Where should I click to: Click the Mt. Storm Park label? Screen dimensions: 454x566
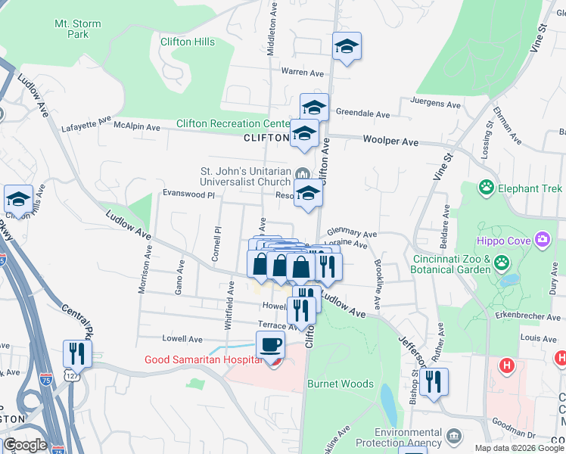click(77, 29)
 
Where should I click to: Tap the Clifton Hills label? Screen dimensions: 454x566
click(187, 42)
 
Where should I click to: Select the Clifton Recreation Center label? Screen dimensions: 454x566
click(233, 123)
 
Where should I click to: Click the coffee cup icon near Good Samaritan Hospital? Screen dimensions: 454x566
click(270, 346)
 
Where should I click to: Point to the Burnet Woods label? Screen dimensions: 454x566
click(340, 384)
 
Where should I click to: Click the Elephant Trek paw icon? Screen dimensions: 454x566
click(485, 187)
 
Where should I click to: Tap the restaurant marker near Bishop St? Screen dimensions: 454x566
click(434, 382)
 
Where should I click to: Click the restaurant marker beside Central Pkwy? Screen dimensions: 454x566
click(77, 353)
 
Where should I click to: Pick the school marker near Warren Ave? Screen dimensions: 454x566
click(347, 47)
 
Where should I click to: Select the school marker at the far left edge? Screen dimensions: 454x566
click(18, 200)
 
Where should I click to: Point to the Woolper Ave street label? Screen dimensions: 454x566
click(390, 141)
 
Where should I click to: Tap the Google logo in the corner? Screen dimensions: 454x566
click(25, 445)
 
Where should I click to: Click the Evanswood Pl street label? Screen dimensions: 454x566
click(183, 194)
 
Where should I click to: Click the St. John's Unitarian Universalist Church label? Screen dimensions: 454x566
click(245, 176)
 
